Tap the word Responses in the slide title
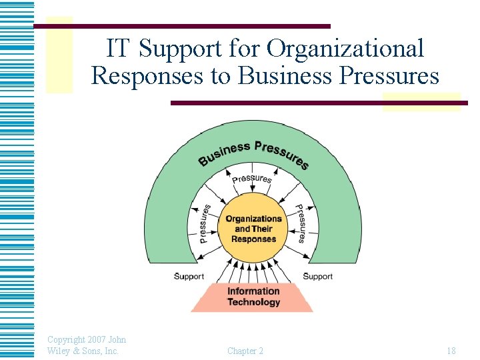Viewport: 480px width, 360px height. pos(147,76)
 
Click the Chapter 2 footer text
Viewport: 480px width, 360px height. pos(245,351)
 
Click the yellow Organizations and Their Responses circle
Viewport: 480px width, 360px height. pos(253,229)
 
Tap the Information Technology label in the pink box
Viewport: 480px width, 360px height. pos(253,297)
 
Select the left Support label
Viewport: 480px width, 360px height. pos(189,276)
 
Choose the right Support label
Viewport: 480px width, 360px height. pos(317,276)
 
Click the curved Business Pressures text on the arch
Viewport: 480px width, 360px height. pos(253,152)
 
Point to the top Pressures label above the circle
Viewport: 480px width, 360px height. pos(252,179)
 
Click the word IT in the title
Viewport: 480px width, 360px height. pos(120,48)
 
